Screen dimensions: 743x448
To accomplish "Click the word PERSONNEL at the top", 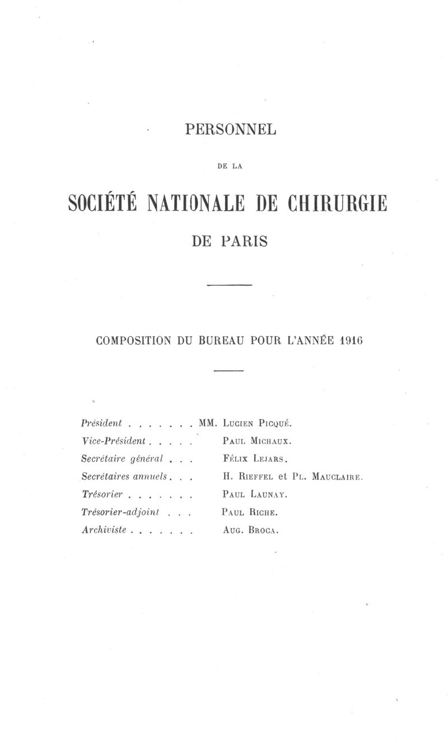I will pyautogui.click(x=231, y=129).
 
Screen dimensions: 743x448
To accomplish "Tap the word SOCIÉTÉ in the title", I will pyautogui.click(x=102, y=203).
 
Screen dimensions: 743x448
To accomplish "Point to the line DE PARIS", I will pyautogui.click(x=230, y=242).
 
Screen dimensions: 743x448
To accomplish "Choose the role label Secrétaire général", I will pyautogui.click(x=122, y=459).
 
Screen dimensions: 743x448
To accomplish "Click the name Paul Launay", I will pyautogui.click(x=255, y=495).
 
